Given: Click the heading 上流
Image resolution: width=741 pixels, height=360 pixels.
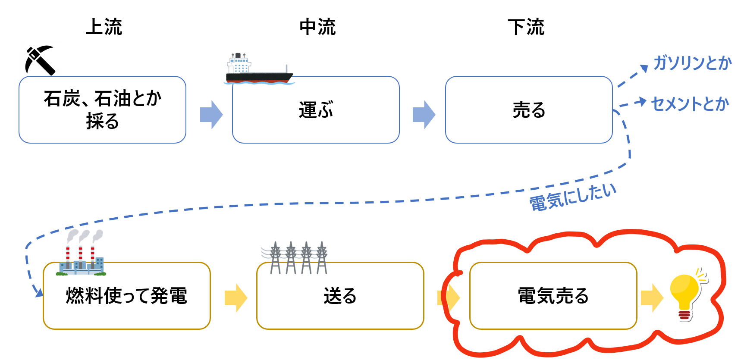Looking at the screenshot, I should pos(104,27).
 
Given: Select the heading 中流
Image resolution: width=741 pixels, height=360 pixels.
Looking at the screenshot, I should pos(317,27).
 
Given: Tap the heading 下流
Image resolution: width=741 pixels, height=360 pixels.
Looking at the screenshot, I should pos(526,27).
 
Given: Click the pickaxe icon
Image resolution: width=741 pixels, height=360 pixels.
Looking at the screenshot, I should pos(40,60).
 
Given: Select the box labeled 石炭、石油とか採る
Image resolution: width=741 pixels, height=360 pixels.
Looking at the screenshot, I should pos(102,110).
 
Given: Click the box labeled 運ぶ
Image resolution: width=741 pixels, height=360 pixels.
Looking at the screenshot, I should pos(316,110).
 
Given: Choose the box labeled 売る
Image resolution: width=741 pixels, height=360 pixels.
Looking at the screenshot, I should pos(529,110).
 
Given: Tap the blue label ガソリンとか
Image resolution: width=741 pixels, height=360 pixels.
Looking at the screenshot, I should pos(692,63).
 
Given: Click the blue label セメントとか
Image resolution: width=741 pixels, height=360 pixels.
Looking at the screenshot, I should pos(690,104).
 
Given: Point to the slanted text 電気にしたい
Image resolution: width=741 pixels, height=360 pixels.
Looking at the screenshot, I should pos(573,197).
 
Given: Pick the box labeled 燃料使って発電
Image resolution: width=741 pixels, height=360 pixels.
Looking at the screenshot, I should pos(126,296).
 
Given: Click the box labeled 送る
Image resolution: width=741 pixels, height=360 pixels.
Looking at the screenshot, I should pos(340,296).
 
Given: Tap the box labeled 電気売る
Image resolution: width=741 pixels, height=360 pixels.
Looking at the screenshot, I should pos(553,296).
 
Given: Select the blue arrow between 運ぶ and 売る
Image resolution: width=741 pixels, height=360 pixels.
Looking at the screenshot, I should pos(424,115).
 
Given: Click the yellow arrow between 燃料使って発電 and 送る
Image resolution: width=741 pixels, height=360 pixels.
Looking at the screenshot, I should pos(235,297).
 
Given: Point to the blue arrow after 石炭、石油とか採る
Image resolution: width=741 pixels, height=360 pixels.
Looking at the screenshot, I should pos(211,115).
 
